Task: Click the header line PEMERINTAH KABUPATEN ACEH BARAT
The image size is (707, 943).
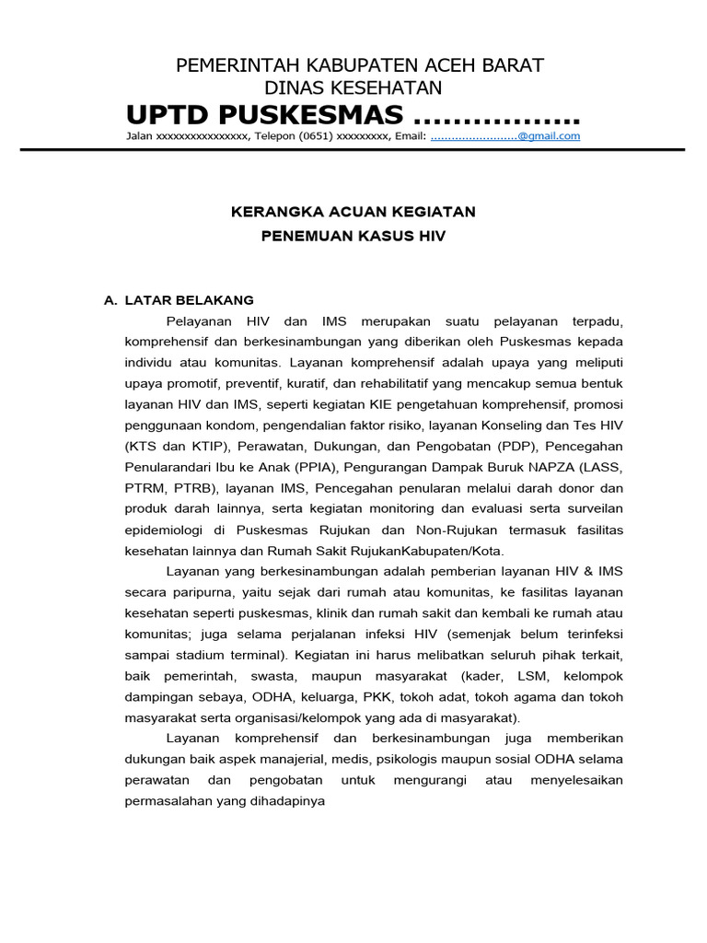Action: [360, 65]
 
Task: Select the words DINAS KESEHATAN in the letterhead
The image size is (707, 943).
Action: [353, 88]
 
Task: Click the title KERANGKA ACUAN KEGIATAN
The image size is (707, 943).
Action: [353, 212]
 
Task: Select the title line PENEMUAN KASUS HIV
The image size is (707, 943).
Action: [353, 237]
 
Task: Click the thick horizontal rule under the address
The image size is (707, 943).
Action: [353, 149]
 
